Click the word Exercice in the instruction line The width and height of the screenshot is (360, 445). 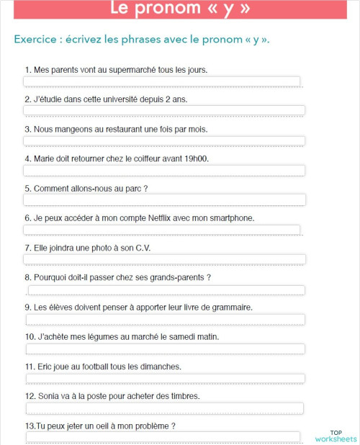tap(35, 39)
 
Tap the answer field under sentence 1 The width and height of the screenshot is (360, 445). tap(162, 81)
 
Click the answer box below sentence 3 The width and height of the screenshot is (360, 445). tap(164, 141)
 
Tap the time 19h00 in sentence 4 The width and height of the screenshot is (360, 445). tap(194, 159)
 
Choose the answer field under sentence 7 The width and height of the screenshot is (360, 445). tap(164, 259)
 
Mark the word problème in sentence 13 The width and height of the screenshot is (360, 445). tap(151, 426)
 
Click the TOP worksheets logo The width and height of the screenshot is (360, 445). tap(335, 436)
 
